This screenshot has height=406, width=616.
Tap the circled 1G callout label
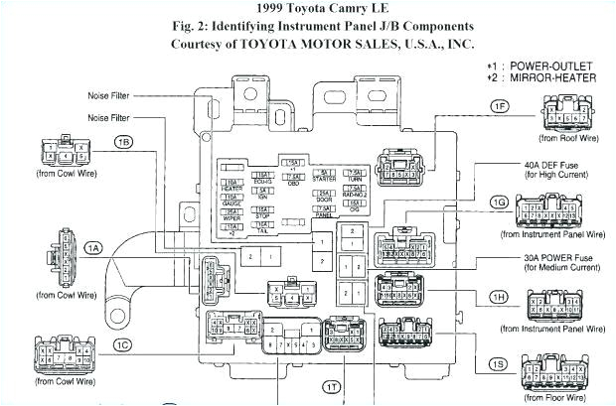[x=498, y=203]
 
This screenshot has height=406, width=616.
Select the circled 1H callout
[x=498, y=296]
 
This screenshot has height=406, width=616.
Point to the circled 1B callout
[x=123, y=142]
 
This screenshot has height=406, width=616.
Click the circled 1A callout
[x=92, y=247]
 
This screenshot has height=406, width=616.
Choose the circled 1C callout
[x=121, y=344]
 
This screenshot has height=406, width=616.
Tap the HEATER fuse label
[x=231, y=187]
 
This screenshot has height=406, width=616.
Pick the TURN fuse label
[x=354, y=176]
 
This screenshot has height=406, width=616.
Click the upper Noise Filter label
[x=108, y=95]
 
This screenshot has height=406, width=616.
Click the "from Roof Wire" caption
[x=568, y=140]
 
